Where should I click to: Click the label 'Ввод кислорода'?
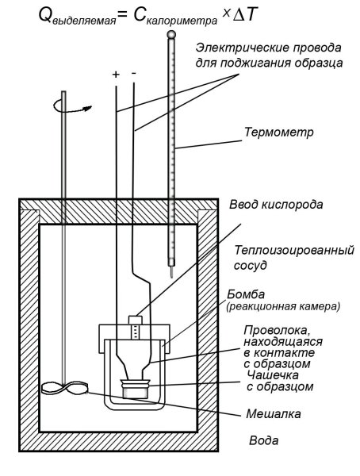point(274,205)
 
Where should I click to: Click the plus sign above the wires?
point(116,74)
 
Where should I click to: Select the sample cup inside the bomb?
point(136,390)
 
